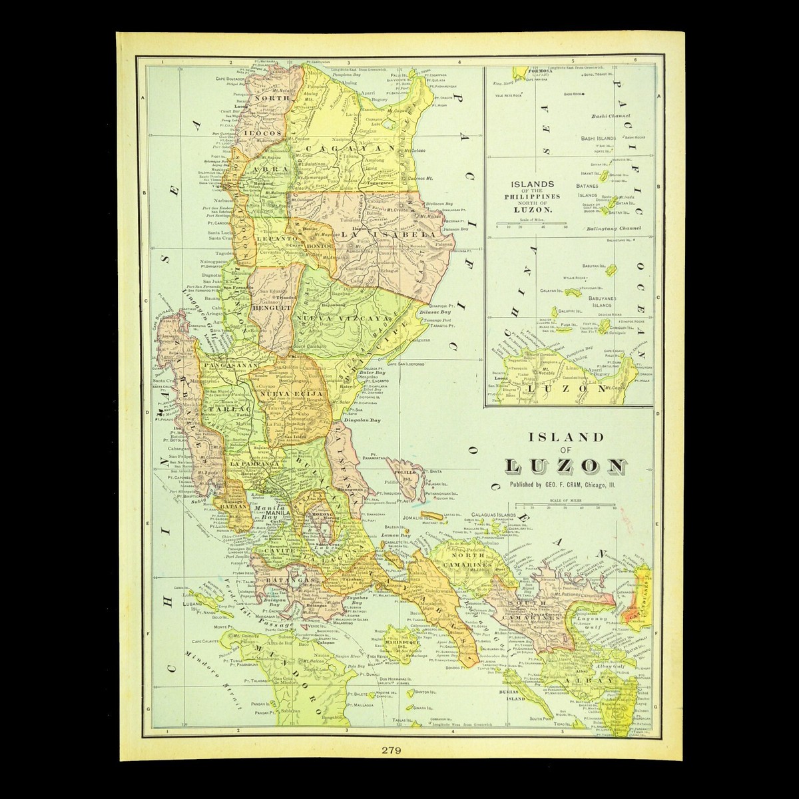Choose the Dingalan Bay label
click(362, 421)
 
